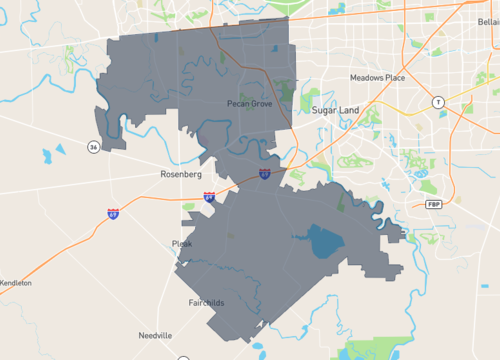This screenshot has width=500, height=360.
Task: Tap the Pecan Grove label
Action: coord(249,103)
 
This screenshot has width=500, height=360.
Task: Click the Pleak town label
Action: coord(181,243)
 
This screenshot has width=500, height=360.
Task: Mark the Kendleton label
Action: coord(15,283)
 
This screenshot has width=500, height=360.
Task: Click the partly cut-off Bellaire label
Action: coord(487,20)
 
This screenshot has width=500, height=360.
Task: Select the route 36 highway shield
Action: coord(93,147)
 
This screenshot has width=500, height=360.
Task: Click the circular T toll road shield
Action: coord(437,102)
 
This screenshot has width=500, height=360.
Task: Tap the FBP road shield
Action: coord(433,204)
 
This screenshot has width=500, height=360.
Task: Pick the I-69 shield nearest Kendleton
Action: coord(114,213)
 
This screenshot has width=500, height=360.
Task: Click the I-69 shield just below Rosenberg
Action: coord(208,198)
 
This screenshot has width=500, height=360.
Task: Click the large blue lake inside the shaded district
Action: coord(322,240)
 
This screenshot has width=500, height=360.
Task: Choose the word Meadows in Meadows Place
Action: coord(367,77)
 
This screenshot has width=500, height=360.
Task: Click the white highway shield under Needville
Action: coord(183,357)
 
